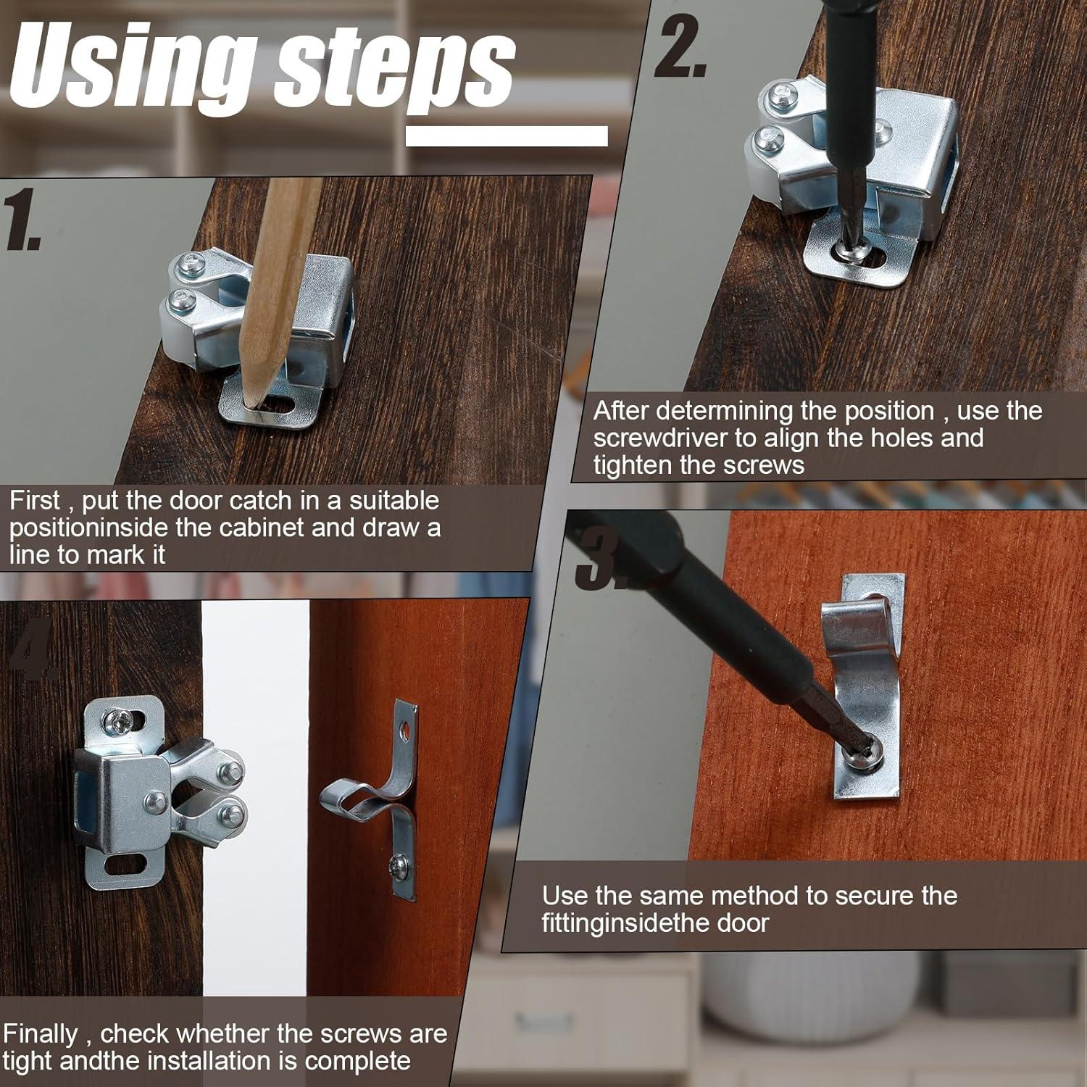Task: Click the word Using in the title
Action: (134, 67)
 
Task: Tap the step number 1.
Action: (22, 220)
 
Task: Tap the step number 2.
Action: (679, 47)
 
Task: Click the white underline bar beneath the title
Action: (507, 136)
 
